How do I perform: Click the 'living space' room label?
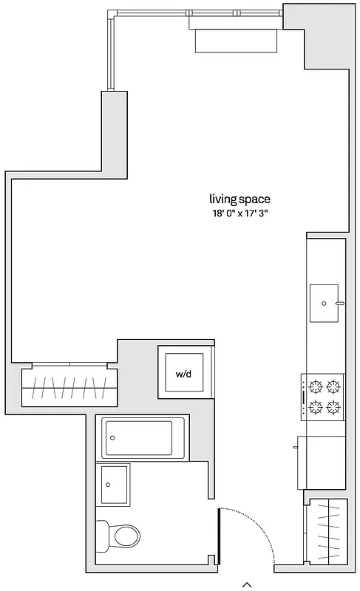pos(239,199)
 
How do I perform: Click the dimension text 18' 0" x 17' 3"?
pos(239,213)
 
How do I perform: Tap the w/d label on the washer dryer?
pos(183,374)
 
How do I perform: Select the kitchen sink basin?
pos(325,303)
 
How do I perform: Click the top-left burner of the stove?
pos(316,386)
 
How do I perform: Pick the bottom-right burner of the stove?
pos(333,406)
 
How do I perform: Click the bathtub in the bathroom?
pos(141,438)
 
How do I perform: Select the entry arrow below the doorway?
pos(248,584)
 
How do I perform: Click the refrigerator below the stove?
pos(322,462)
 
